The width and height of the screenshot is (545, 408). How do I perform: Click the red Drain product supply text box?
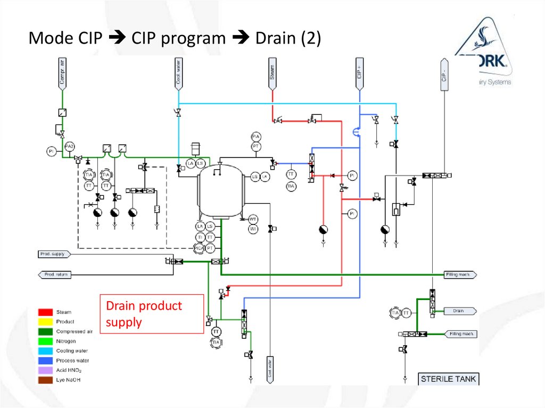pos(152,314)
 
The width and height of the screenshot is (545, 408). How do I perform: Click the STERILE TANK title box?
pos(449,379)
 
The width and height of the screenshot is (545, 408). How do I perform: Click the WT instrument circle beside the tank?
pos(253,219)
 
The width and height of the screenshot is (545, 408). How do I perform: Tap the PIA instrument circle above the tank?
pos(256,137)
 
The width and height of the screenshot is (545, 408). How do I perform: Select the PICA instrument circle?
pos(200,247)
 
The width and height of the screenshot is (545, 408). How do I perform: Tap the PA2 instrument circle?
pos(69,146)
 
